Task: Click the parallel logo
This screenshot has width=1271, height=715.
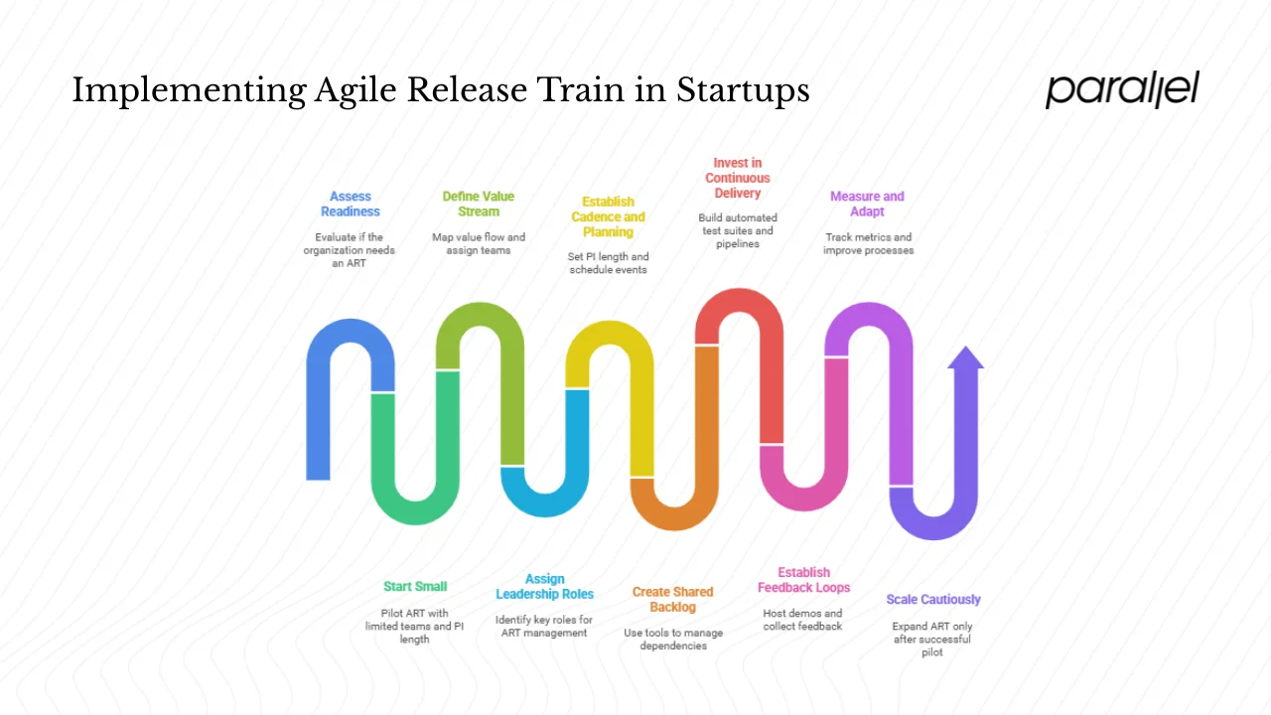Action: pos(1122,89)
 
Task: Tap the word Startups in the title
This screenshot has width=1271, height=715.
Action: pos(743,91)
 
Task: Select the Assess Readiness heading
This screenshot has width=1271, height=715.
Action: pos(350,204)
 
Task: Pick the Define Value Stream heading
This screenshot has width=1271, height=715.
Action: pos(479,204)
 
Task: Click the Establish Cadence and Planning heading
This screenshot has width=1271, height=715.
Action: pos(608,216)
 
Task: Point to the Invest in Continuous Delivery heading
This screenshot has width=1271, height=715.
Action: pos(738,178)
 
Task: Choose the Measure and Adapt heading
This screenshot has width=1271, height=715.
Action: pos(867,204)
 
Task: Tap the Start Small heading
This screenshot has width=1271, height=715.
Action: pos(415,587)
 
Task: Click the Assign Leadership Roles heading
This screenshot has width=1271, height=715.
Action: pos(544,587)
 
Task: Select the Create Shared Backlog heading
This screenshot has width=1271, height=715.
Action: pos(672,599)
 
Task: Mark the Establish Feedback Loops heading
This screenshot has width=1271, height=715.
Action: pos(803,580)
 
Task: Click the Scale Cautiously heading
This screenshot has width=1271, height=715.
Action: pos(932,600)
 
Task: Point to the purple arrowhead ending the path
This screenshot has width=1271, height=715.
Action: pos(965,359)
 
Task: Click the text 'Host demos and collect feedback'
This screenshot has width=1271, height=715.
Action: pos(802,620)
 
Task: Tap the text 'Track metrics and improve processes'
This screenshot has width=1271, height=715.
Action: pos(868,243)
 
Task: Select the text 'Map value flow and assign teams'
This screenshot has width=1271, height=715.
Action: pos(479,243)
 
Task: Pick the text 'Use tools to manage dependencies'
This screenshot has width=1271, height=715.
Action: pos(673,639)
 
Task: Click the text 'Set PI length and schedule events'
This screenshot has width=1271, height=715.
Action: pos(609,263)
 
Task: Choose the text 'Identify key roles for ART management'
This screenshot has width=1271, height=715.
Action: pos(544,626)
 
